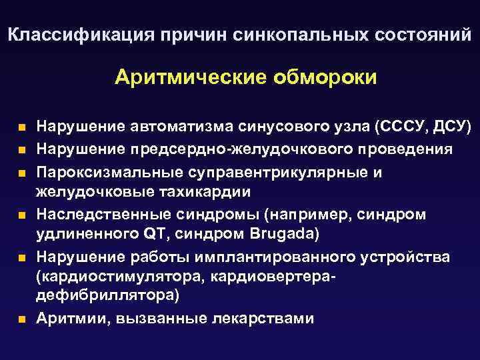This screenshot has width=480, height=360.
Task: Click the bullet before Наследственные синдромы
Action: pyautogui.click(x=22, y=215)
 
